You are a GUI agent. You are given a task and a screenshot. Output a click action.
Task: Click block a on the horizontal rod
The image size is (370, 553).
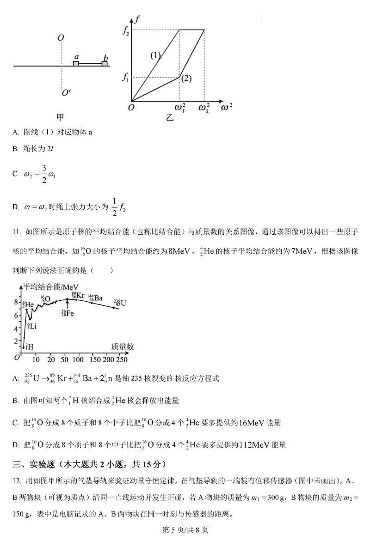click(76, 63)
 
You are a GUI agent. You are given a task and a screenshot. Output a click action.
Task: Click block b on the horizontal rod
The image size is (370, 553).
click(105, 63)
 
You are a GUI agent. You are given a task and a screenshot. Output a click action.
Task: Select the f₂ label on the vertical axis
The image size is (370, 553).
click(126, 31)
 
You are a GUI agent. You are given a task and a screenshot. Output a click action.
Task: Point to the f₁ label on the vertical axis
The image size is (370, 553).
click(126, 78)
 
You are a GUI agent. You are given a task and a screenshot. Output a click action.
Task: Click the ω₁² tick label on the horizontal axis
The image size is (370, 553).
click(179, 108)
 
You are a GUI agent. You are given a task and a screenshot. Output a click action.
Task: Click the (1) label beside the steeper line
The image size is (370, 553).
click(155, 55)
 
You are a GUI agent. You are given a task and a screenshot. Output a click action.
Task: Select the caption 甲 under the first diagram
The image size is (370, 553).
click(60, 116)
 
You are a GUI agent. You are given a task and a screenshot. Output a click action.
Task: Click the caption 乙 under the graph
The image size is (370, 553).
click(170, 118)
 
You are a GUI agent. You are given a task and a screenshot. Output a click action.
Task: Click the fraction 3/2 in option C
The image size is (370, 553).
click(43, 174)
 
